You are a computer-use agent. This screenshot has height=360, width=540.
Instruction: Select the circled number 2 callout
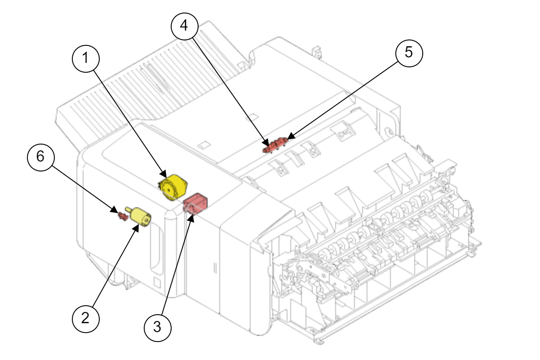(86, 318)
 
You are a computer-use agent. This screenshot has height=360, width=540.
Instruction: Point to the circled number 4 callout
(184, 25)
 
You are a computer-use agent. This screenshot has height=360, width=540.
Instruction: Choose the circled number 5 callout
(409, 53)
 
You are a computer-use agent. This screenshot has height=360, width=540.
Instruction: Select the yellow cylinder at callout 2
(140, 217)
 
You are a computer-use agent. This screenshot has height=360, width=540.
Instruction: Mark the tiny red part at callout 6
(121, 215)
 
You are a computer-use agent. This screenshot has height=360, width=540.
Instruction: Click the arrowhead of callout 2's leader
(138, 226)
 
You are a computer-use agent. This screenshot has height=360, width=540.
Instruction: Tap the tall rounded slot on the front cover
(156, 247)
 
